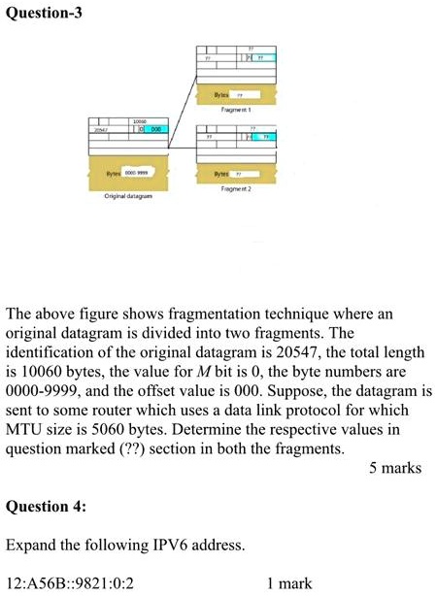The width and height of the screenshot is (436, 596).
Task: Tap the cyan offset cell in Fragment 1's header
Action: click(x=263, y=58)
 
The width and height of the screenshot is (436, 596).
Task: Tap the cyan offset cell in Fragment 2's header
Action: click(x=263, y=138)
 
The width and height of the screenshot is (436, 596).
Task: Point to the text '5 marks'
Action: click(x=395, y=469)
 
